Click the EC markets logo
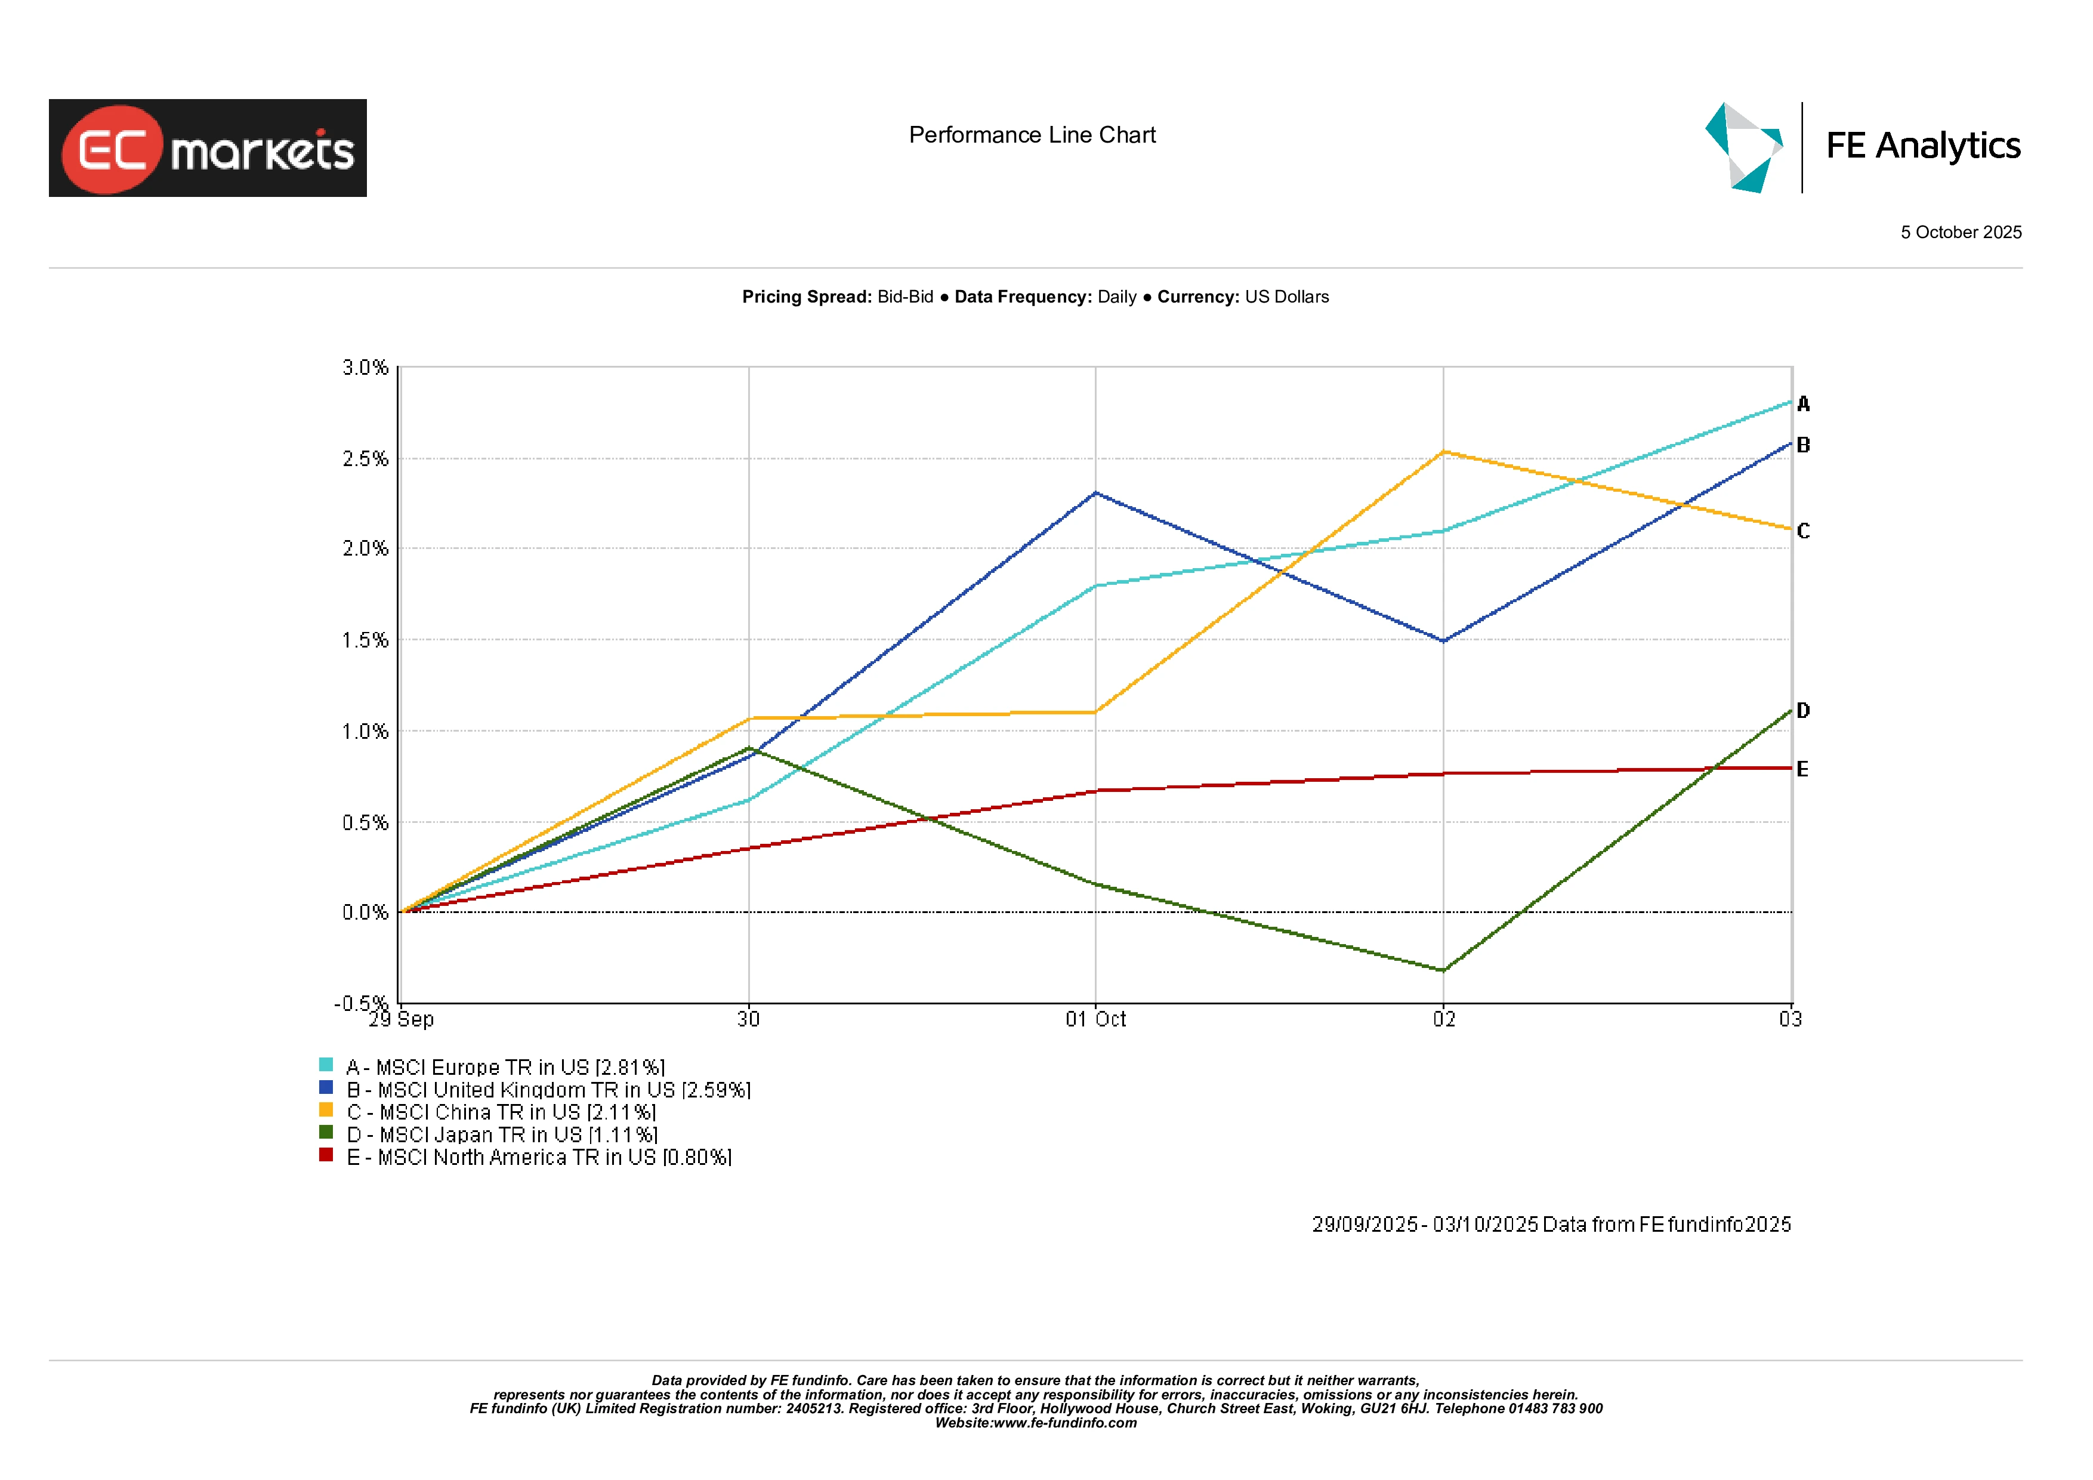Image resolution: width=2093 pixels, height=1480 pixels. click(x=207, y=148)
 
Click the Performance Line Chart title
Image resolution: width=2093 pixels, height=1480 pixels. click(x=1032, y=135)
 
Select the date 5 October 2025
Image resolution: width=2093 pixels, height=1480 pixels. click(x=1960, y=233)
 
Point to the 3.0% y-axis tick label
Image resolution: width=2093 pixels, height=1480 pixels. click(x=365, y=368)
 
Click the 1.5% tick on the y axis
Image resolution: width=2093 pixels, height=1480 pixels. click(x=365, y=640)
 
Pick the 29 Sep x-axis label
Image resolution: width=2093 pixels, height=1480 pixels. click(x=401, y=1019)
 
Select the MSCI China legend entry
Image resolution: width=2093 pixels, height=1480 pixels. click(x=501, y=1112)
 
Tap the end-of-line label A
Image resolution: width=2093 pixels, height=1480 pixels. click(x=1802, y=404)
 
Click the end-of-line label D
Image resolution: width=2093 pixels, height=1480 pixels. click(x=1802, y=710)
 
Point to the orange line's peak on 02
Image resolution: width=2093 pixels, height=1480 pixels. click(x=1443, y=451)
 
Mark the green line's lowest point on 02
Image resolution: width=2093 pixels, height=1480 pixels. click(x=1443, y=970)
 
